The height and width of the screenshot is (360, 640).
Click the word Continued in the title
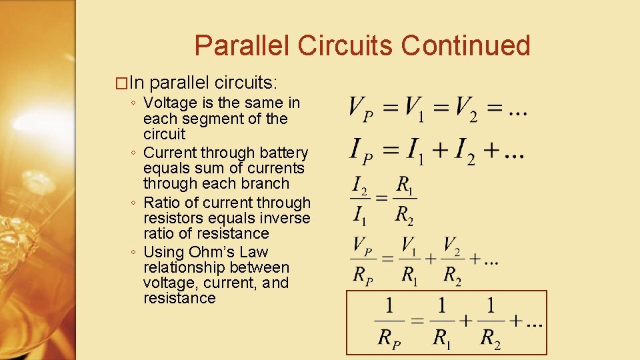pos(466,45)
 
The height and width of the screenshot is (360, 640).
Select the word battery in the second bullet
pos(283,153)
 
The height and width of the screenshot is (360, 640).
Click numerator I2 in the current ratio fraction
pos(359,184)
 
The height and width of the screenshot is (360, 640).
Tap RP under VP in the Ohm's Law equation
pos(363,274)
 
